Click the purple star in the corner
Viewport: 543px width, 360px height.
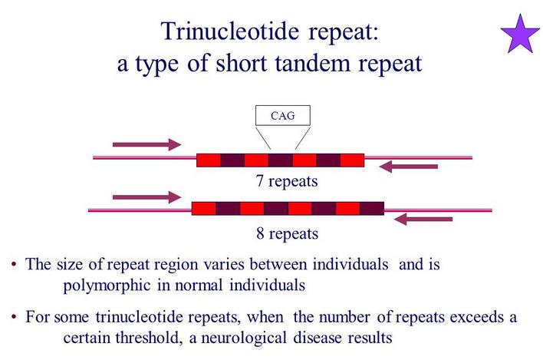[520, 35]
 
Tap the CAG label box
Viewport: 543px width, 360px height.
[282, 115]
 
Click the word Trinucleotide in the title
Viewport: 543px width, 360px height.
[229, 31]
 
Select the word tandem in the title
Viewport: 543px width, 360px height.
[313, 64]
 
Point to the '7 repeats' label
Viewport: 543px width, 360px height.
[287, 181]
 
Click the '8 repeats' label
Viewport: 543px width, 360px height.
[287, 233]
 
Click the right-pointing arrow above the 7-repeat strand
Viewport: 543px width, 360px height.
[146, 144]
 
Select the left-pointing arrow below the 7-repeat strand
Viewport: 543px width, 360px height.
[409, 167]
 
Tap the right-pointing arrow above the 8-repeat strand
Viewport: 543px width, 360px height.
[146, 197]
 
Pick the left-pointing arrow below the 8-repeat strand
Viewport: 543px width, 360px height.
[423, 220]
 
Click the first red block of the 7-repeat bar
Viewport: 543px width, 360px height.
[209, 160]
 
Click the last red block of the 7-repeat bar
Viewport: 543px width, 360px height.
[352, 160]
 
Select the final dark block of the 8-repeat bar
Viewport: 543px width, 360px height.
[372, 209]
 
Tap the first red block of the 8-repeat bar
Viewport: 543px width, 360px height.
[204, 209]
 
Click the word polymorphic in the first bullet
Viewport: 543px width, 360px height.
[107, 286]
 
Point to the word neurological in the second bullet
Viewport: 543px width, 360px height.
[244, 338]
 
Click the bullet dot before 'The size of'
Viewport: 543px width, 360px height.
[14, 264]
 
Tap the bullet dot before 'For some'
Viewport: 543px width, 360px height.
[14, 317]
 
